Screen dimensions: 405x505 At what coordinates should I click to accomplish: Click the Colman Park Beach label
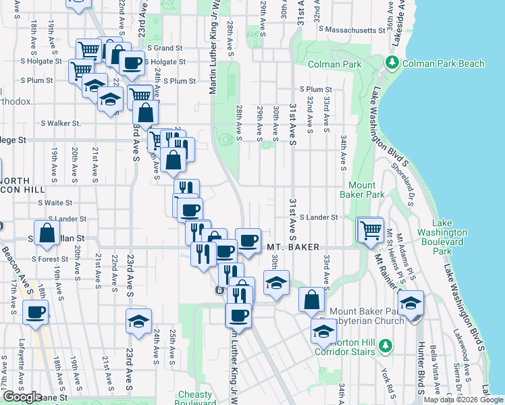(x=444, y=63)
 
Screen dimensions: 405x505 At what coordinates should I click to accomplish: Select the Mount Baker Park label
(x=367, y=190)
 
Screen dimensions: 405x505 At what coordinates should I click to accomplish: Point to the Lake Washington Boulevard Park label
(x=451, y=237)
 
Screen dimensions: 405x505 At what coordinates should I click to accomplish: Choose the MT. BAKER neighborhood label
(x=293, y=248)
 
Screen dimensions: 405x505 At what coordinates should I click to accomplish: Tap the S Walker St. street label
(x=60, y=124)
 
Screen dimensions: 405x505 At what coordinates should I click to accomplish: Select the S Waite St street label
(x=55, y=202)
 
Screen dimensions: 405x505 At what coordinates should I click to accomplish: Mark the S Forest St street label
(x=49, y=259)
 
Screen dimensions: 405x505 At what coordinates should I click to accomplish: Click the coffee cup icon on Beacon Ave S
(x=36, y=312)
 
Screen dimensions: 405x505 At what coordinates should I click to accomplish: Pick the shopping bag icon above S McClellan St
(x=48, y=234)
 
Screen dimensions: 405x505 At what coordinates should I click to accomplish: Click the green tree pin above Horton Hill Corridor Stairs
(x=386, y=346)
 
